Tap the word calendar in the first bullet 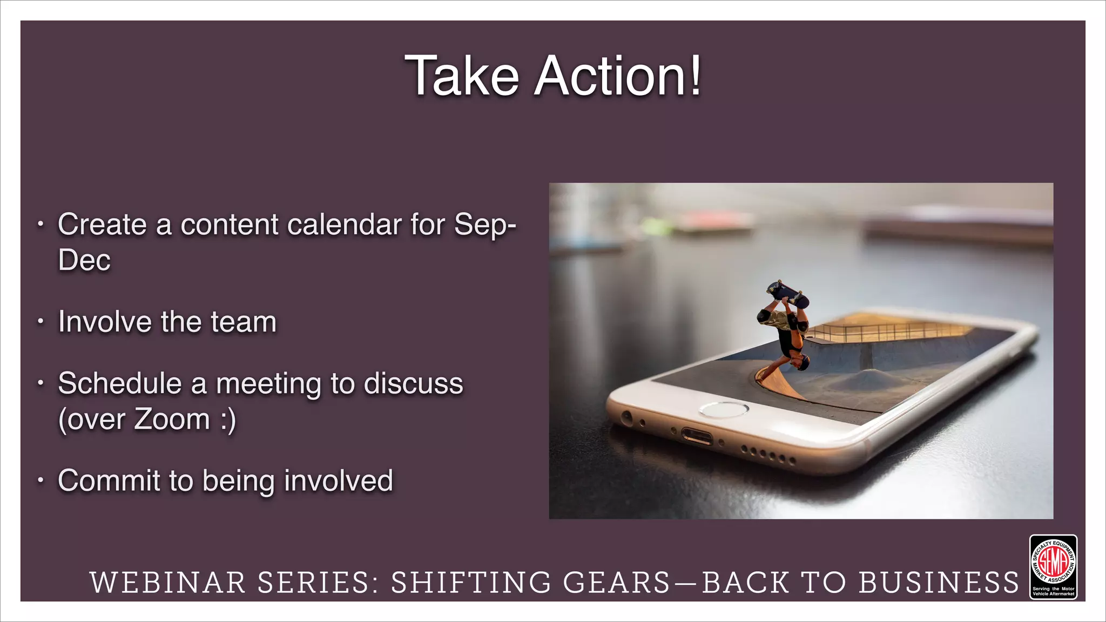coord(344,225)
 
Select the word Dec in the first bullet coord(84,260)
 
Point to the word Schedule coord(119,384)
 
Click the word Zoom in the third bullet coord(172,420)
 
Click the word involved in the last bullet coord(339,481)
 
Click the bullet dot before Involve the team coord(40,322)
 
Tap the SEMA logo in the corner coord(1053,566)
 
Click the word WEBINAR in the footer coord(167,583)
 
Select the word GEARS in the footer coord(616,583)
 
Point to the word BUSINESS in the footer coord(939,583)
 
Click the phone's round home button coord(724,410)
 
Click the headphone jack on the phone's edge coord(627,417)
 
